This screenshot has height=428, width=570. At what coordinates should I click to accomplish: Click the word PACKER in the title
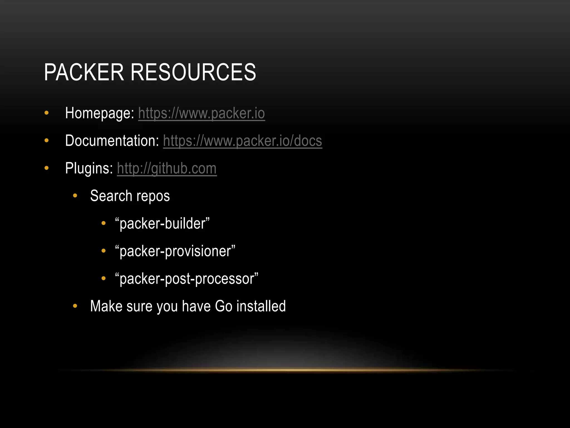[x=84, y=72]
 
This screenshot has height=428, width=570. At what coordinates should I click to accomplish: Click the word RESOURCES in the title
[x=193, y=72]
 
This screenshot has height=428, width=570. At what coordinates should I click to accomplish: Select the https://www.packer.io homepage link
[x=202, y=113]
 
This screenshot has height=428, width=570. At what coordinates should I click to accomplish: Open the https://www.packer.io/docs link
[x=242, y=141]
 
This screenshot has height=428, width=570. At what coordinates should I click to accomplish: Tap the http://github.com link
[x=167, y=168]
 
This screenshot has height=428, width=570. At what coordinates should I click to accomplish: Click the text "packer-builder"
[x=162, y=223]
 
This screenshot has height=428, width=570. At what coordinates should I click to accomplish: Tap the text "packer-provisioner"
[x=175, y=251]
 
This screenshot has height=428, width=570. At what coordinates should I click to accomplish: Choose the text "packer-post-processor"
[x=187, y=279]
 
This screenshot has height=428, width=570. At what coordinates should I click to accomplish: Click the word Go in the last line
[x=223, y=306]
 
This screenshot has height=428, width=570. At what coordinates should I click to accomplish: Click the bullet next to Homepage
[x=46, y=113]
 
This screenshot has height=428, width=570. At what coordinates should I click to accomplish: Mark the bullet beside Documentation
[x=46, y=140]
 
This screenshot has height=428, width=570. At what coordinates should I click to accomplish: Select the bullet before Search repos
[x=75, y=196]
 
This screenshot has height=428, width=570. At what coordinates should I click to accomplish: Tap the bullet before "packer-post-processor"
[x=104, y=278]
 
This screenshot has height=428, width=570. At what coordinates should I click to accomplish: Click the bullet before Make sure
[x=75, y=306]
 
